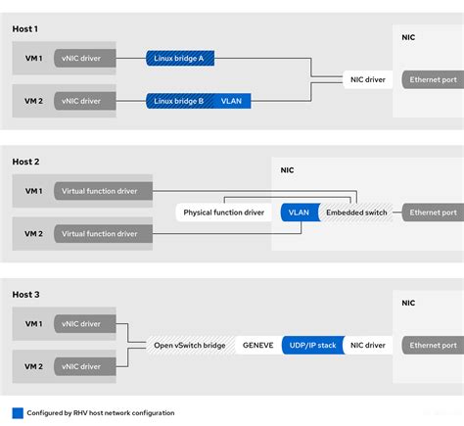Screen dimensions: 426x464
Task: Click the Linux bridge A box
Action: (179, 59)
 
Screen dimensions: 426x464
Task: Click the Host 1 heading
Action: (26, 27)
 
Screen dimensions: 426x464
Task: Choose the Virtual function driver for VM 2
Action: (100, 233)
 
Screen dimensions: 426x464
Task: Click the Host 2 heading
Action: (27, 162)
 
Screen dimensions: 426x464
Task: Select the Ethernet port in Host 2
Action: (433, 213)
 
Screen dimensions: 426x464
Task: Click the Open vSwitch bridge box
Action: (189, 345)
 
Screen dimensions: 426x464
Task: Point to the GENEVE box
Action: (257, 345)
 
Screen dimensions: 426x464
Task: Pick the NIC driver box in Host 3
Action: (369, 345)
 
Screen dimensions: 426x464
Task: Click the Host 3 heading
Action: (27, 294)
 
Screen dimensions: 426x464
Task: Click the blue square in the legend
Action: (18, 412)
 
